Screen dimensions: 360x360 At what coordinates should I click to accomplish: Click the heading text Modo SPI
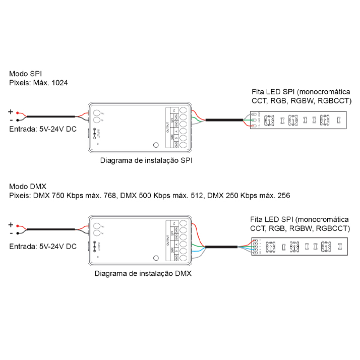(x=26, y=74)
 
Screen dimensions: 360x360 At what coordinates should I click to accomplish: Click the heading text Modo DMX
(x=27, y=186)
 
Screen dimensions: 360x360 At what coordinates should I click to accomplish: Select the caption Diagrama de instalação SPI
(x=147, y=161)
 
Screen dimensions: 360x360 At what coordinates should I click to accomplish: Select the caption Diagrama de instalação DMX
(x=143, y=274)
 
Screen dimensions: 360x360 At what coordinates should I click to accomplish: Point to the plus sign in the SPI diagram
(x=10, y=111)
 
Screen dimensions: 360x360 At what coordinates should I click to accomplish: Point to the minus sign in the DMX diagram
(x=11, y=233)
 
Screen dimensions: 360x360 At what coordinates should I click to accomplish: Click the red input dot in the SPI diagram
(x=18, y=113)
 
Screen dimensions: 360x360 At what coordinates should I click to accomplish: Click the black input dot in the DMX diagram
(x=18, y=233)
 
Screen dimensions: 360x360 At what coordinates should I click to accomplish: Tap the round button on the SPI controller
(x=156, y=145)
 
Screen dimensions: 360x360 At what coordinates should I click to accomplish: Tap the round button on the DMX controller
(x=156, y=258)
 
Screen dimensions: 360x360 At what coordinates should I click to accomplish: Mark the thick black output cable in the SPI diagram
(x=224, y=120)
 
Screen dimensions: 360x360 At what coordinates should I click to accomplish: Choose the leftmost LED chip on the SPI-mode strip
(x=269, y=121)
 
